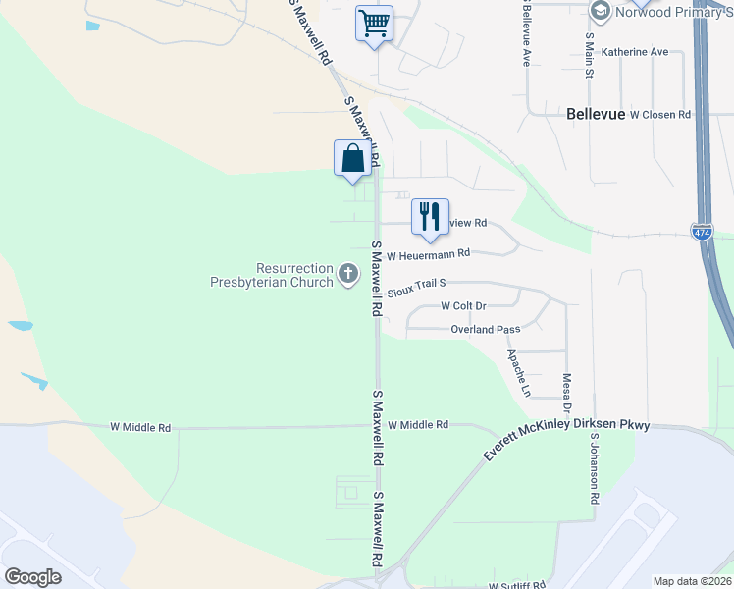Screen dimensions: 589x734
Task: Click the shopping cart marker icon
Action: click(x=374, y=22)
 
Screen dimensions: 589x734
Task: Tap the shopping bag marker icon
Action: click(x=352, y=159)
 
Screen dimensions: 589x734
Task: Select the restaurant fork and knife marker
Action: click(x=429, y=216)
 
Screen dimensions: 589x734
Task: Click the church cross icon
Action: click(x=348, y=275)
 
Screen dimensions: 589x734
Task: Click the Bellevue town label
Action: click(x=596, y=114)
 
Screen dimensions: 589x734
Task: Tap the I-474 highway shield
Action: click(x=701, y=233)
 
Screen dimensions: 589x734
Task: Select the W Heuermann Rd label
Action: click(x=429, y=254)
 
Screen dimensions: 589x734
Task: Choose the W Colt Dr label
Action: click(x=463, y=306)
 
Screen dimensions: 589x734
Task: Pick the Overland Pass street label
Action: click(x=485, y=330)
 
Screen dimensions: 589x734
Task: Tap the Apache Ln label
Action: click(x=517, y=373)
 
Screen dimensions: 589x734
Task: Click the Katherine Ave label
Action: click(x=634, y=52)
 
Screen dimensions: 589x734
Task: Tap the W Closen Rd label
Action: click(x=660, y=115)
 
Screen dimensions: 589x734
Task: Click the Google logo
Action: click(x=32, y=577)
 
